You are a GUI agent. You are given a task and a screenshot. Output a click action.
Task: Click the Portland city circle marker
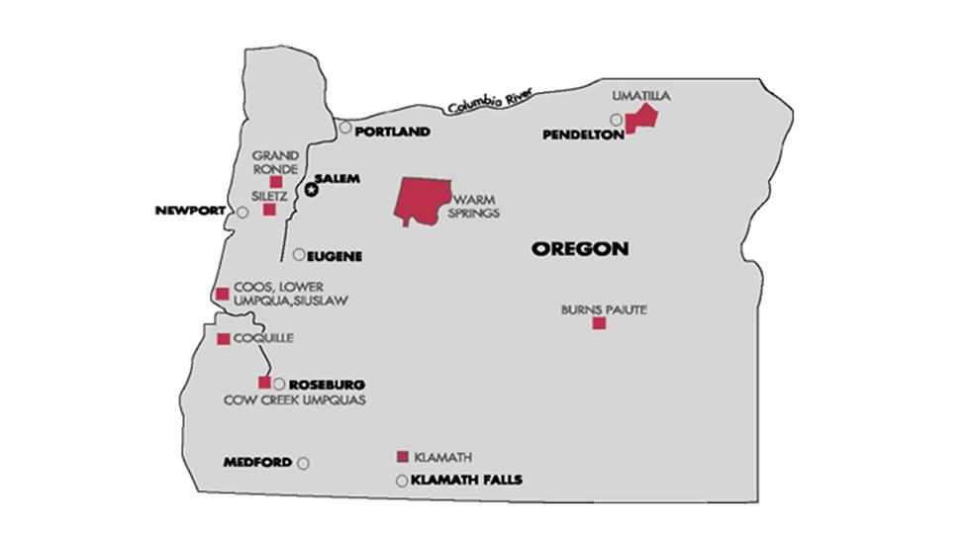coord(345,128)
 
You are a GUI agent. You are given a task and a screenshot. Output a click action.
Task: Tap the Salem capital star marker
coord(312,189)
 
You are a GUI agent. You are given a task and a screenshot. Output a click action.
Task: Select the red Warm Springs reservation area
coord(421,201)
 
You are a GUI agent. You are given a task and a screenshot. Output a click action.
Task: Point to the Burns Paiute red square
coord(599,323)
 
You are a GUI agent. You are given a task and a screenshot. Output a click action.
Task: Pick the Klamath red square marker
coord(402,456)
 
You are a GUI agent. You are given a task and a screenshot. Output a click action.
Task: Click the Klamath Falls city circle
coord(401,482)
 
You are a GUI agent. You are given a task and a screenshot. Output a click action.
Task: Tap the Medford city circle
coord(303,463)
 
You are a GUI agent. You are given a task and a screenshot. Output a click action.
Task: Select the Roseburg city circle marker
coord(279,384)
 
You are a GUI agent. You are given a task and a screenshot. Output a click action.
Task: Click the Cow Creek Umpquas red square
coord(264,383)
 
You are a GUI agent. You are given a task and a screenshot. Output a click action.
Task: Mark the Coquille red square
coord(224,339)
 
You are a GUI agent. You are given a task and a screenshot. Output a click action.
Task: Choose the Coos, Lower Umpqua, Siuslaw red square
coord(222,293)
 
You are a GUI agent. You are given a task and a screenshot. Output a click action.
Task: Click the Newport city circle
coord(242,212)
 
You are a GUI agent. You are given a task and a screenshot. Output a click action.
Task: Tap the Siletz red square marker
coord(269,209)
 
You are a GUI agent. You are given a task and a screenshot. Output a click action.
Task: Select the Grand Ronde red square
coord(276,182)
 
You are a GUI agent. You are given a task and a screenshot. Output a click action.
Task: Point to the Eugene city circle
coord(299,255)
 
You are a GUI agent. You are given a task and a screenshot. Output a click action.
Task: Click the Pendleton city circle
coord(616,120)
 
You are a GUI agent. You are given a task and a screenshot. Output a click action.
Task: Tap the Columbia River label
coord(489,100)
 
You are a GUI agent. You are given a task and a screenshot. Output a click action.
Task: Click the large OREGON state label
coord(580,249)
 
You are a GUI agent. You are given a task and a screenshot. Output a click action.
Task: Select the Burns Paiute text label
coord(604,310)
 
